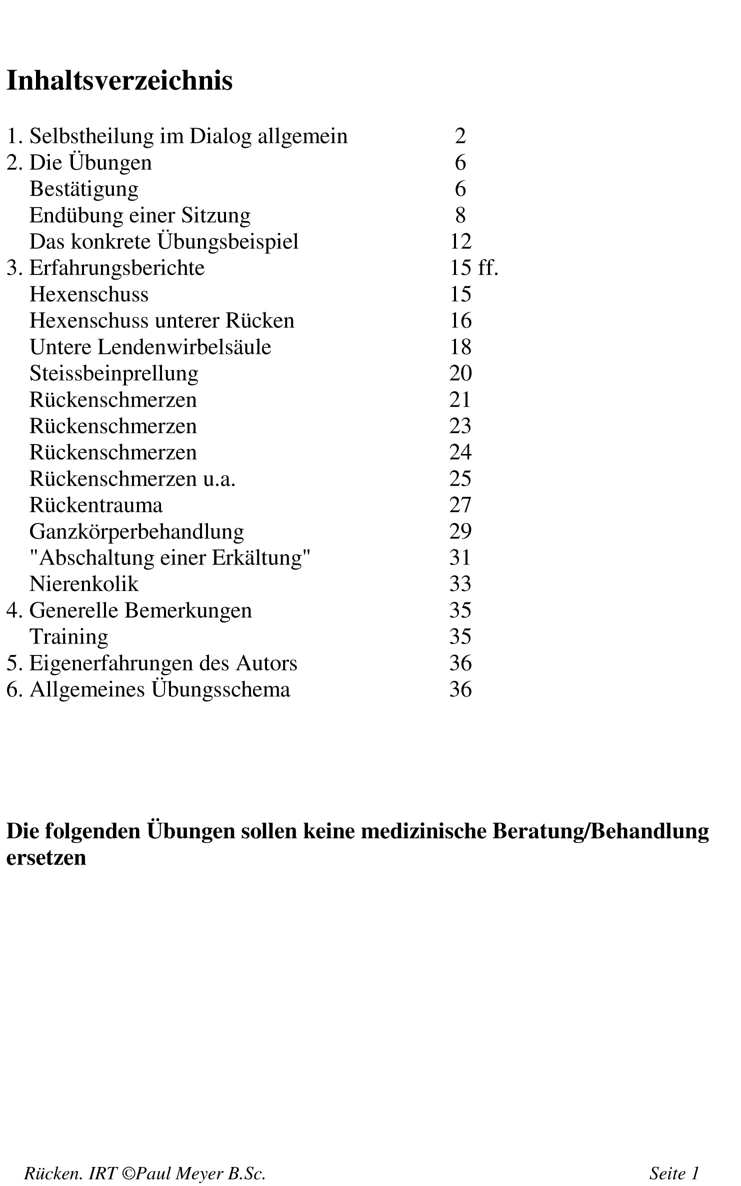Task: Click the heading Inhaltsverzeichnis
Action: point(119,81)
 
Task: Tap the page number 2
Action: point(460,136)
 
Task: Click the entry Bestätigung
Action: point(83,189)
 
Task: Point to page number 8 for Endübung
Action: point(460,215)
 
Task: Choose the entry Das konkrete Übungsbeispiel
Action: point(163,242)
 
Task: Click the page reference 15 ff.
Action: point(473,268)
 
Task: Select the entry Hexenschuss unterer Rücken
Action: point(161,321)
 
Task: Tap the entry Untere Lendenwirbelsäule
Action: point(150,347)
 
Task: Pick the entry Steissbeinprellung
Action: point(113,373)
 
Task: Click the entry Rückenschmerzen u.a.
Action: point(132,479)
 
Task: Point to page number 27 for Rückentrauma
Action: point(460,505)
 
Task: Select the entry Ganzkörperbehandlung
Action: point(136,531)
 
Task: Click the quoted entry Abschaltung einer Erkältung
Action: point(170,558)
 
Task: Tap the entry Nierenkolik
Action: point(83,584)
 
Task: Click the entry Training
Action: point(68,637)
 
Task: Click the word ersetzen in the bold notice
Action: point(46,857)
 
